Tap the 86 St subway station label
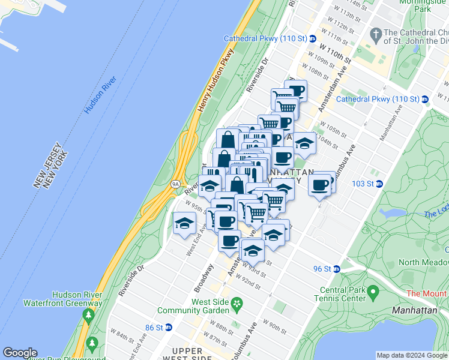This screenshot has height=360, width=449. point(154,328)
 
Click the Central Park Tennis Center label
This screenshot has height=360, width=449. point(340,295)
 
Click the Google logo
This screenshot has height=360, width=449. point(20,353)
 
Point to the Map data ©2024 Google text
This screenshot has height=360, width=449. point(411,355)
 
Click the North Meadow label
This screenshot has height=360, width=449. point(424,262)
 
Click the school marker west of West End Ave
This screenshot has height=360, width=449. point(184,224)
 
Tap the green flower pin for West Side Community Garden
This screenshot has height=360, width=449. point(238,304)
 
